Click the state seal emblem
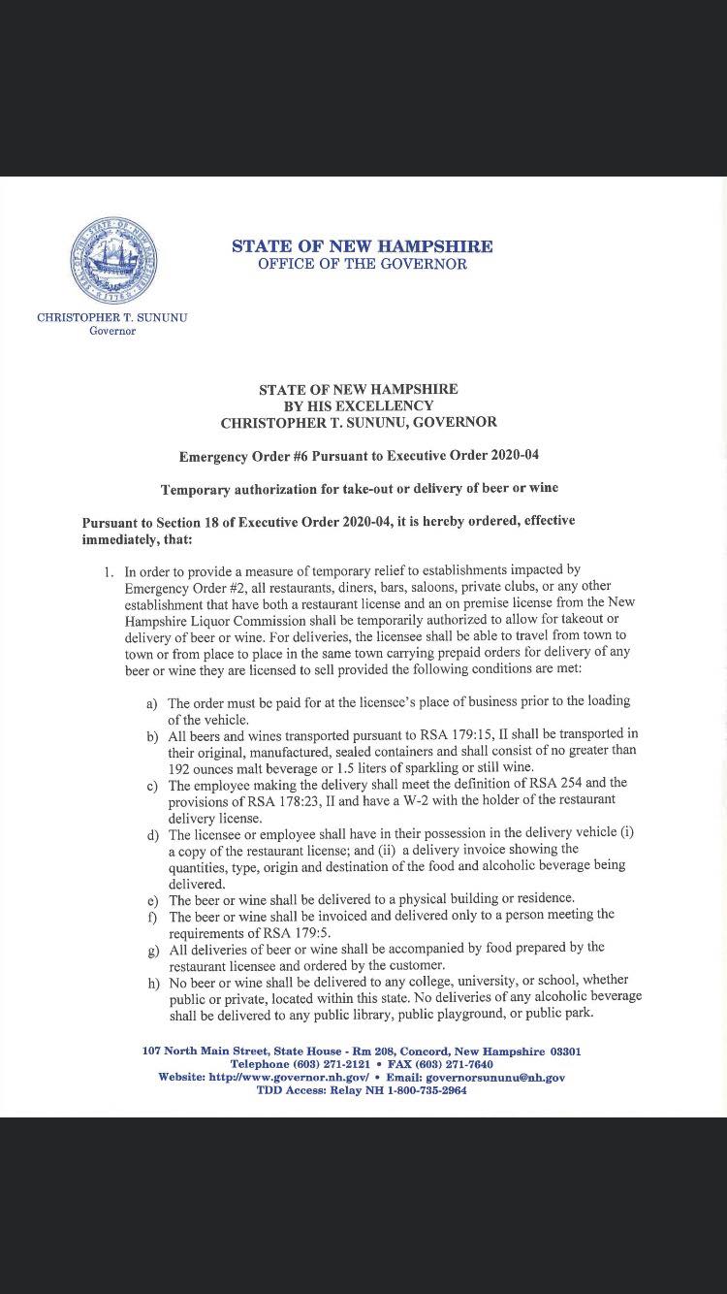pos(113,260)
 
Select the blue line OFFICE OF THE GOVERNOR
pos(362,264)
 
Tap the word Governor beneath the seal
pos(112,331)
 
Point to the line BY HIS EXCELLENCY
pos(358,405)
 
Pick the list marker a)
pos(152,702)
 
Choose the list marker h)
pos(153,982)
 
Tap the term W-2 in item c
pos(456,799)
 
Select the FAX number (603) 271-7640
pos(454,1064)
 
